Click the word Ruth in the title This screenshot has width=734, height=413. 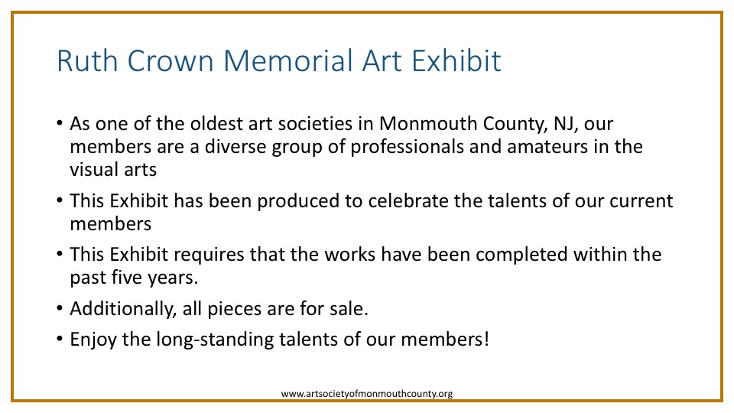tap(87, 61)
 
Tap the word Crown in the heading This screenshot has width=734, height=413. tap(171, 61)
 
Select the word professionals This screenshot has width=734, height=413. tap(407, 148)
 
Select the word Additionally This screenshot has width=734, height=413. tap(123, 309)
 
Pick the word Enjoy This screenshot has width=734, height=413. tap(93, 340)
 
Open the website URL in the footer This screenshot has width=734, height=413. tap(367, 394)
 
